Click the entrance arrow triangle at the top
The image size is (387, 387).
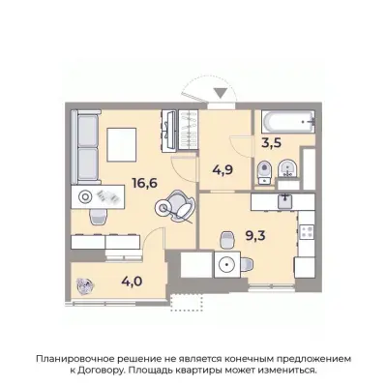click(222, 94)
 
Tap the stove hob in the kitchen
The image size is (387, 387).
click(309, 232)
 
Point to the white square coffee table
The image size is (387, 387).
click(126, 146)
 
